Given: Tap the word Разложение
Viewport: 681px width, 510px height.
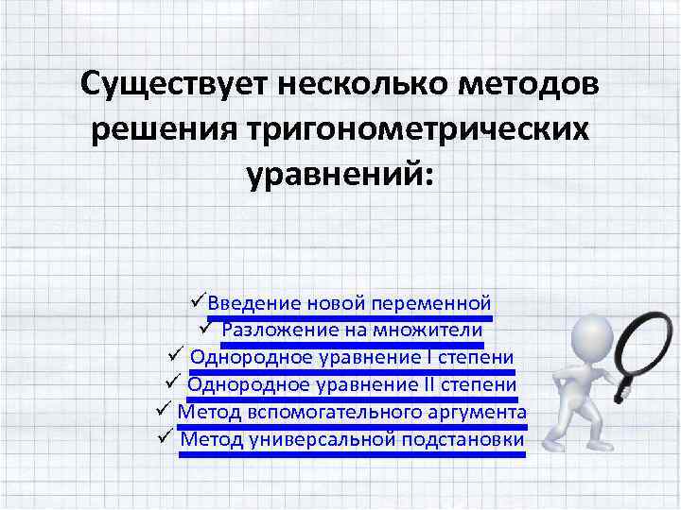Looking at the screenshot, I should [277, 331].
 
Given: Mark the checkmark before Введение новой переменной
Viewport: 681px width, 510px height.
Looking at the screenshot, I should [197, 302].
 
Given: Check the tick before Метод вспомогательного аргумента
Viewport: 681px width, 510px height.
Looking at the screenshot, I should [160, 411].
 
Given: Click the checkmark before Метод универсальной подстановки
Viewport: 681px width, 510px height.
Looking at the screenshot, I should [163, 437].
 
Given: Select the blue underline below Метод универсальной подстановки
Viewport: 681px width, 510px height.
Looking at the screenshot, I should [351, 453].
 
